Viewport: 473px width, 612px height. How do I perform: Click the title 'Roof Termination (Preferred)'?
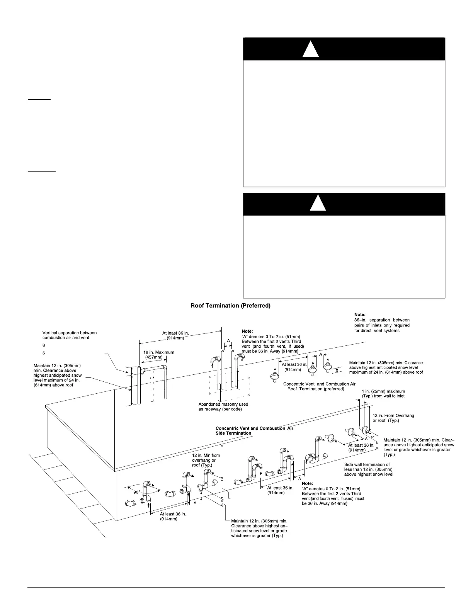pos(230,306)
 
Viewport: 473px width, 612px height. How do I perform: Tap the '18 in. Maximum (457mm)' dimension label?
pos(159,355)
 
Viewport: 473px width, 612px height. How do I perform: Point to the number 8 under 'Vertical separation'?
pos(44,345)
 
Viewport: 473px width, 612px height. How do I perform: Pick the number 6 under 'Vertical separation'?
pos(44,353)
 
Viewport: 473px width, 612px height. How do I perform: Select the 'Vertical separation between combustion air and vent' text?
pos(70,335)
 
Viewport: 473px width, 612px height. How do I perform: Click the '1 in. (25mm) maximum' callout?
pos(383,393)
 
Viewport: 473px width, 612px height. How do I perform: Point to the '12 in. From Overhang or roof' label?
pos(393,418)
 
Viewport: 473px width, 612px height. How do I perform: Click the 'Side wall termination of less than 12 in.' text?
pos(368,469)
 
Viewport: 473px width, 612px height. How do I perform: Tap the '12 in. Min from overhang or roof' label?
pos(206,460)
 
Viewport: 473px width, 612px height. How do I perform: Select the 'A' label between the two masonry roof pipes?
pos(228,341)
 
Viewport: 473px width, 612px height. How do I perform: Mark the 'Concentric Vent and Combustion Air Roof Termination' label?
pos(319,386)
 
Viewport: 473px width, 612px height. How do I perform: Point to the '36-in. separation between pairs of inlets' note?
pos(382,325)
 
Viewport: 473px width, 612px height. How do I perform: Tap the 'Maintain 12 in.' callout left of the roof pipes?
pos(58,375)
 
